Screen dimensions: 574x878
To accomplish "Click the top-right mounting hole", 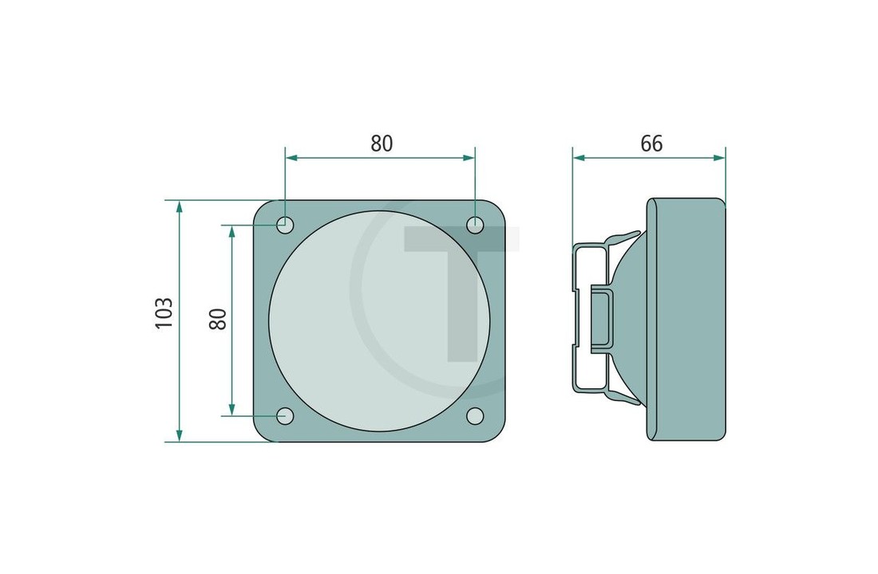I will pyautogui.click(x=475, y=225).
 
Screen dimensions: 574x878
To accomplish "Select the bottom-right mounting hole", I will pyautogui.click(x=475, y=415).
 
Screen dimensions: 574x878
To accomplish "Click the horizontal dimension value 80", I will pyautogui.click(x=382, y=143).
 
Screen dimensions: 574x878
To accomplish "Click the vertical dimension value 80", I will pyautogui.click(x=218, y=319).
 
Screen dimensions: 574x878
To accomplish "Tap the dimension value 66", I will pyautogui.click(x=651, y=143).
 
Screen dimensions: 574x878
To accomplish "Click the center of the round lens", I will pyautogui.click(x=379, y=320).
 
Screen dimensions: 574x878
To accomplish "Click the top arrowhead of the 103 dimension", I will pyautogui.click(x=179, y=206).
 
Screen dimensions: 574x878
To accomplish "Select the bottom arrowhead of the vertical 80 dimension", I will pyautogui.click(x=231, y=410).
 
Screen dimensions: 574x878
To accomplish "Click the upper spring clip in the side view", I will pyautogui.click(x=623, y=238).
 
